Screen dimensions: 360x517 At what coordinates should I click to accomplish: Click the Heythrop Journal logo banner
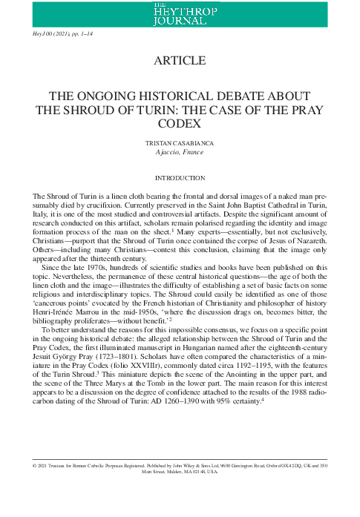click(180, 13)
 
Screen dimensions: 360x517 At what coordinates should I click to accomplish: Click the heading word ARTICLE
click(180, 60)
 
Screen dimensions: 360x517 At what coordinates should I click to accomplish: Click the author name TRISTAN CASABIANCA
click(180, 142)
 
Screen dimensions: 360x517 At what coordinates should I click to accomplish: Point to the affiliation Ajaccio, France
click(180, 152)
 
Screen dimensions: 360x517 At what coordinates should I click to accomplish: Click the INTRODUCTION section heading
click(180, 178)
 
